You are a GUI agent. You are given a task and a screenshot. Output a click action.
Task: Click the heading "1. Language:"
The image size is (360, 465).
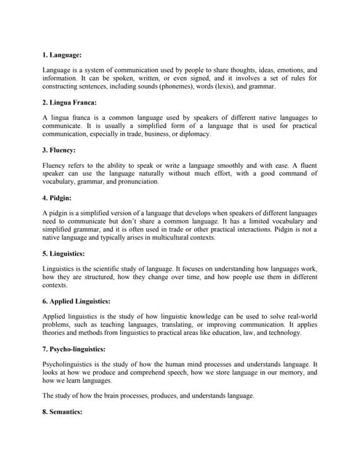[62, 54]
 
